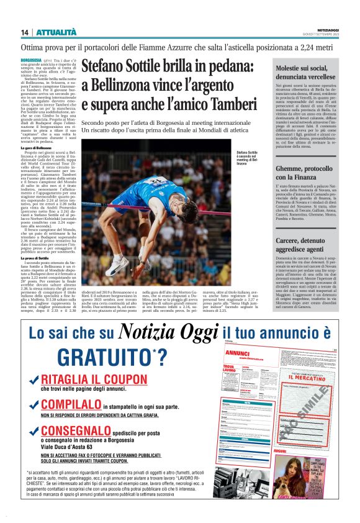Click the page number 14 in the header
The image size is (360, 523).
click(x=24, y=32)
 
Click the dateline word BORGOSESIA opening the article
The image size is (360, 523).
click(x=30, y=60)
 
